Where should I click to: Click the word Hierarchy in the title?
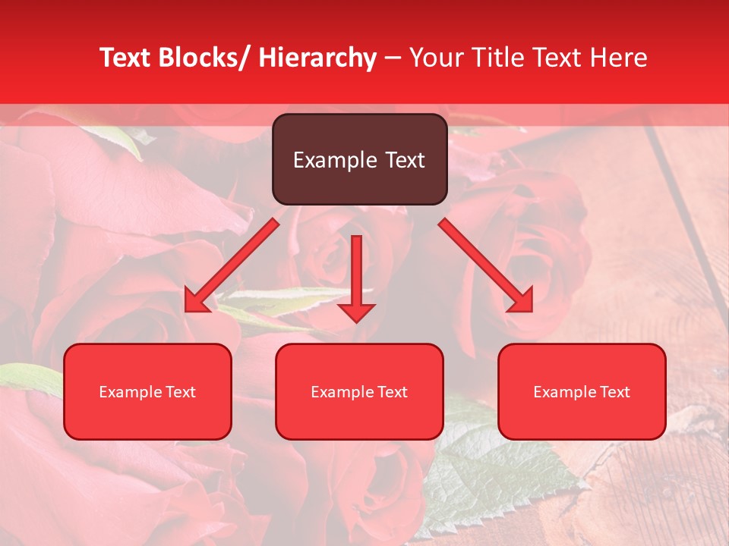click(x=317, y=58)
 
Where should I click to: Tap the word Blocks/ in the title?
click(x=208, y=58)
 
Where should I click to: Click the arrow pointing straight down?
click(x=357, y=277)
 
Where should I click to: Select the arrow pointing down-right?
click(x=486, y=265)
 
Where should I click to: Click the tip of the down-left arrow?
click(x=187, y=310)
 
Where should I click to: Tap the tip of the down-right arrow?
click(x=532, y=310)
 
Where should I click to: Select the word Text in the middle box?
click(x=391, y=392)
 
